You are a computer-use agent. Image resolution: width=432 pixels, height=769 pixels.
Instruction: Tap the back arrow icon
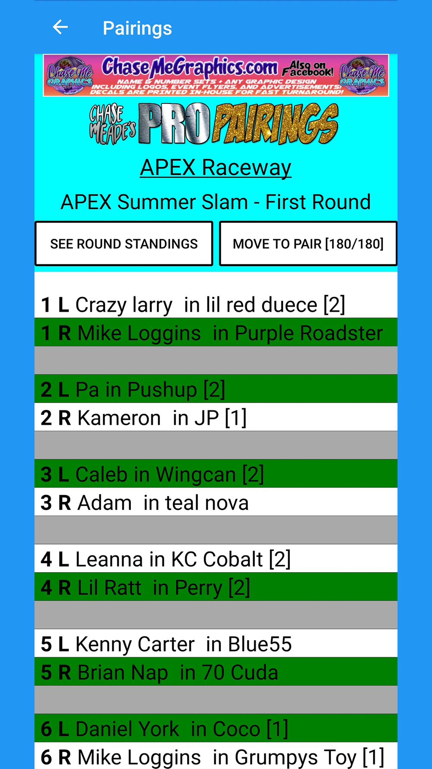coord(60,27)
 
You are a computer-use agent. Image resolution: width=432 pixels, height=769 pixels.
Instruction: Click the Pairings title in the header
coord(137,29)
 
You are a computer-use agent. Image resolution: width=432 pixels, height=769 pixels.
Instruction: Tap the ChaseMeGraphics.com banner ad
coord(216,75)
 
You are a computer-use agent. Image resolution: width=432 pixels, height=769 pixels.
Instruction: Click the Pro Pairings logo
coord(214,124)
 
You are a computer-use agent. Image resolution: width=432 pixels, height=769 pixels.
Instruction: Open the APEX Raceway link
coord(216,167)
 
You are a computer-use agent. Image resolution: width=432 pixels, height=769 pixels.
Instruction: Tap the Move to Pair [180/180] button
coord(308,244)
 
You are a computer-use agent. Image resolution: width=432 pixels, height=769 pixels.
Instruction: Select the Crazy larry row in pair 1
coord(216,304)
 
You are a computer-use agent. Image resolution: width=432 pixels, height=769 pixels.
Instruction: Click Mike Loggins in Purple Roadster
coord(216,332)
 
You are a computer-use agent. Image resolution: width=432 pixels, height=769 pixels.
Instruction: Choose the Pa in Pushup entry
coord(216,389)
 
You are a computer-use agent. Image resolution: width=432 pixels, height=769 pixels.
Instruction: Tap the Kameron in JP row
coord(216,417)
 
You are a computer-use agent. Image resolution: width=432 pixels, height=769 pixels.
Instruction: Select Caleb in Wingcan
coord(216,474)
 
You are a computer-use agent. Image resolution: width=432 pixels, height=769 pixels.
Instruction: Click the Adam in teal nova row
coord(216,502)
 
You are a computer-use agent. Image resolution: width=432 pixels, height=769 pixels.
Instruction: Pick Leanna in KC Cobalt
coord(216,558)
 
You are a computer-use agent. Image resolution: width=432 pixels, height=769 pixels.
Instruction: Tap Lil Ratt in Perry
coord(216,586)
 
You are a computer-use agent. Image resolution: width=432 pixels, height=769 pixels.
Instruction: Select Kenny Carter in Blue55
coord(216,643)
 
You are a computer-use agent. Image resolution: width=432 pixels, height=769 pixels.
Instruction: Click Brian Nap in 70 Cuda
coord(216,671)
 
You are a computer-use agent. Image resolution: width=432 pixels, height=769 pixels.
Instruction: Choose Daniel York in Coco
coord(216,728)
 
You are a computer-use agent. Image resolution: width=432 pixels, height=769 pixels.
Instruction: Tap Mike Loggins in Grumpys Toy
coord(216,756)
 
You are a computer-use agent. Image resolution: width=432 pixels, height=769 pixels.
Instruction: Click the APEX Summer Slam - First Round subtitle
coord(216,202)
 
